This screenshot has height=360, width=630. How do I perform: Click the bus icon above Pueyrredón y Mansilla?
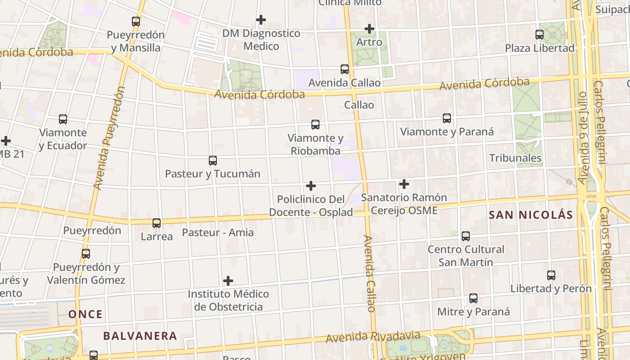click(x=136, y=21)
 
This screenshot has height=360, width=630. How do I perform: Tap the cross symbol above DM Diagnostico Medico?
click(x=261, y=20)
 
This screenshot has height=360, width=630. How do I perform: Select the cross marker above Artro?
click(x=369, y=29)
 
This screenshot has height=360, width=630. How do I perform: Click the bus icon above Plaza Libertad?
click(x=540, y=34)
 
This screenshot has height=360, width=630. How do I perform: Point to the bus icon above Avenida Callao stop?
click(x=345, y=69)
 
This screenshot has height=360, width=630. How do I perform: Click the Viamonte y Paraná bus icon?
click(x=447, y=118)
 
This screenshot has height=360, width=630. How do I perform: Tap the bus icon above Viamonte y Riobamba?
click(x=315, y=125)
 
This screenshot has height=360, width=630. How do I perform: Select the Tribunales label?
click(x=515, y=158)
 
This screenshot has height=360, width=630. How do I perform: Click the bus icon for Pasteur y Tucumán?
click(x=213, y=161)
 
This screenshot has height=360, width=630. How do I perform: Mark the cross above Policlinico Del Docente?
click(x=311, y=186)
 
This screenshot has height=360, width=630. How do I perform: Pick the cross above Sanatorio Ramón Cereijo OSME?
click(x=404, y=184)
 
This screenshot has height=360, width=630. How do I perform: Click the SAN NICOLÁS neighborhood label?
click(x=531, y=215)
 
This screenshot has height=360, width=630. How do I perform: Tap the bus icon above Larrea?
click(x=157, y=223)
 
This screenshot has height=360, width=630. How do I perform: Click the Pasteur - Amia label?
click(x=218, y=233)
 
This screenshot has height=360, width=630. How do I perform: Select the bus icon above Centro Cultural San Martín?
click(x=466, y=236)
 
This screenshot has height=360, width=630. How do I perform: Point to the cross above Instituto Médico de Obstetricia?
click(x=228, y=281)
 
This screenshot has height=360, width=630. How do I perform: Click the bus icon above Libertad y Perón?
click(x=551, y=275)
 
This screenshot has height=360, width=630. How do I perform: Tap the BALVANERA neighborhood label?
click(x=140, y=336)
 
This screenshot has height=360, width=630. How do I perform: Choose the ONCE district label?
click(x=85, y=314)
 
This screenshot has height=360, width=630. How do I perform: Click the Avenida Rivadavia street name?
click(x=373, y=337)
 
